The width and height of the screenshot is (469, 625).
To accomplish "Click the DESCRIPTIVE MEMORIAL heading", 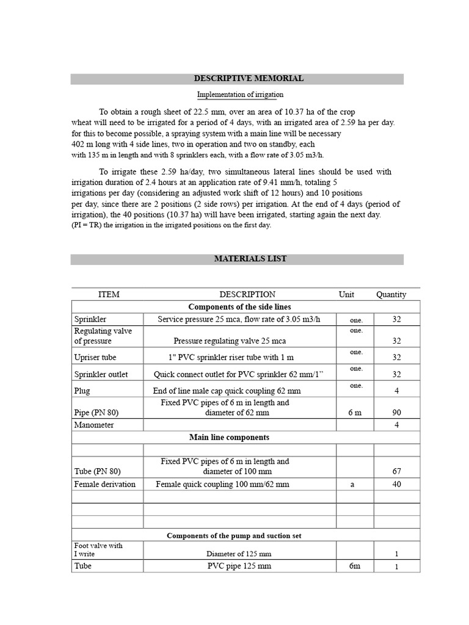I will (249, 79).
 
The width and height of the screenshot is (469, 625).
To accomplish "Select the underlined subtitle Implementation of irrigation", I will (240, 95).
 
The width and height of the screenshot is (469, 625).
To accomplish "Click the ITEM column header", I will (109, 294).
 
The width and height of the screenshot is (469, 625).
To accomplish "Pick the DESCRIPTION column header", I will (239, 294).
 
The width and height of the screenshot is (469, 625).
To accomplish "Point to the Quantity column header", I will (391, 294).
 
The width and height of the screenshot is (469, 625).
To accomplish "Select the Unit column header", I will (346, 294).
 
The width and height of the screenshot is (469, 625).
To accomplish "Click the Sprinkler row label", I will (90, 319).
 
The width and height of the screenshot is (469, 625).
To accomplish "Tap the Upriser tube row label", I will (95, 357).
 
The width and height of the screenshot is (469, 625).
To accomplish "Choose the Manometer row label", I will (94, 425).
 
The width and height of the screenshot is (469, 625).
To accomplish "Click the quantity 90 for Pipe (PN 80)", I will (396, 413).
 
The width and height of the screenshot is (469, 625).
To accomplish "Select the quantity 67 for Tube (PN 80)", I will (396, 471).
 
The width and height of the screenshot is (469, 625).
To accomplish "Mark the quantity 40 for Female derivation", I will (396, 484).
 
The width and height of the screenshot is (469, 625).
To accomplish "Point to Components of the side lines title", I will (239, 307).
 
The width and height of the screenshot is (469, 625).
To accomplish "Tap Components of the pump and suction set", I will (234, 535).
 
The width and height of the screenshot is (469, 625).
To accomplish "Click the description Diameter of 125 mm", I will (239, 554).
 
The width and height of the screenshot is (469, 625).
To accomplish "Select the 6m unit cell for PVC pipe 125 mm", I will (354, 566).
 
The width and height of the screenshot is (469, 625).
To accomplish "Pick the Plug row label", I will (82, 391).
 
